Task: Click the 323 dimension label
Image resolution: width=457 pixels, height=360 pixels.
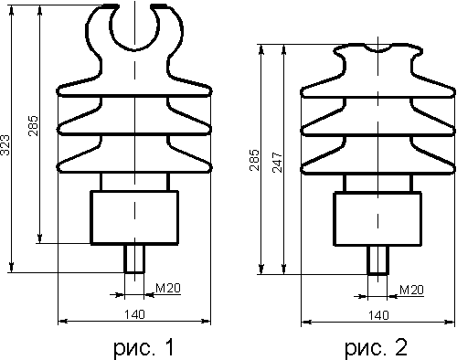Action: coord(5,144)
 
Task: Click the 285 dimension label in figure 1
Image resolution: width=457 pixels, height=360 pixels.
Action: coord(33,126)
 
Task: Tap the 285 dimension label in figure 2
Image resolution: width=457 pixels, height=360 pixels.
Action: coord(254,160)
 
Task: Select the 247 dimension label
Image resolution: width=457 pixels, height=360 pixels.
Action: coord(277,163)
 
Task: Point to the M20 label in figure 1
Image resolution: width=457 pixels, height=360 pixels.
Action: coord(168,288)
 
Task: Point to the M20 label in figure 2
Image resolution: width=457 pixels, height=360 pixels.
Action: coord(411,290)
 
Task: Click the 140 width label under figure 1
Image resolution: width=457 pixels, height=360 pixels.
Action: coord(134,314)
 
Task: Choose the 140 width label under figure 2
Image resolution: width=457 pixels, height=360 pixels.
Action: coord(378,315)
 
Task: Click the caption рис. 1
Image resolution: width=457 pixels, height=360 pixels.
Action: coord(143,347)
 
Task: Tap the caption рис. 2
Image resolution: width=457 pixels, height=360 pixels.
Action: coord(376,347)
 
